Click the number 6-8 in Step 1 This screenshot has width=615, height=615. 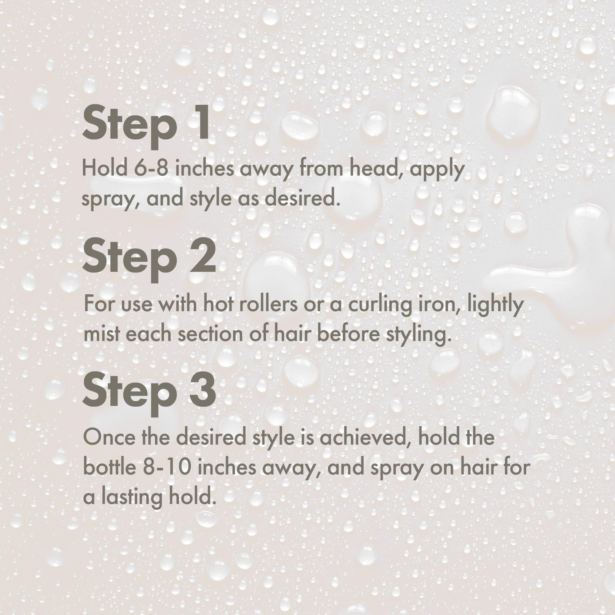[151, 168]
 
